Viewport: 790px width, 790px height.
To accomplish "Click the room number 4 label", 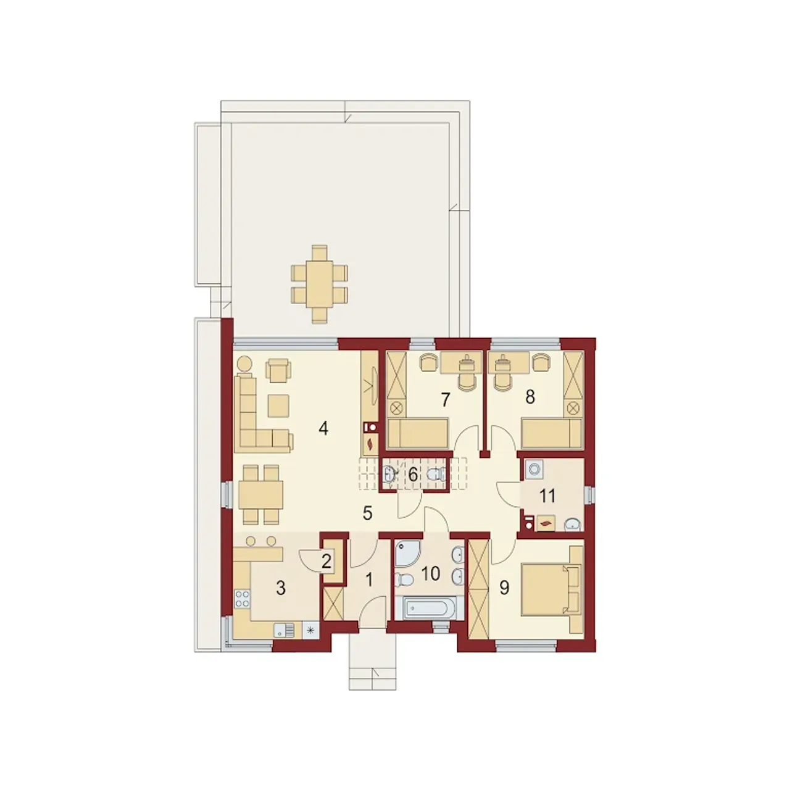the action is (323, 429).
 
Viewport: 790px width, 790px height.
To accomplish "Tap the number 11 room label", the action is (547, 496).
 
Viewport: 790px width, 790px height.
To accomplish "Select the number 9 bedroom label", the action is (504, 588).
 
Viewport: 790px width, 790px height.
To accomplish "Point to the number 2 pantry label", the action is (326, 562).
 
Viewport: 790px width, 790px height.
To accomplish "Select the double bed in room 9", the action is (551, 589).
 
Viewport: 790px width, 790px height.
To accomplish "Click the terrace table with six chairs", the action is (320, 284).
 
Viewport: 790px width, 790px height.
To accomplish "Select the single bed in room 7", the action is (418, 433).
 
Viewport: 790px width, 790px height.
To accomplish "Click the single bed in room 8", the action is (551, 433).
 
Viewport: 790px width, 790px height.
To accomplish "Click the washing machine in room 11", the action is (534, 470).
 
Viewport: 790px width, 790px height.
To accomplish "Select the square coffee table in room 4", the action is (279, 405).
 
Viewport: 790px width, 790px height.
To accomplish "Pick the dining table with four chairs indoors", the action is (260, 494).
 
